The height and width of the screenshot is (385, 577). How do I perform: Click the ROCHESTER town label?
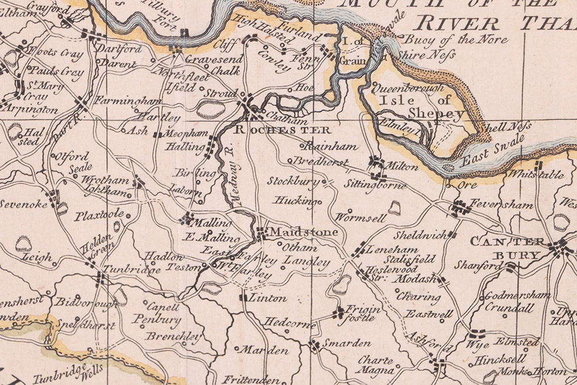tap(282, 130)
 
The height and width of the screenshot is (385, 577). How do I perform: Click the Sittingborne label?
tap(374, 186)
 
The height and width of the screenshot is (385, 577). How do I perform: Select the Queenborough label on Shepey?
tap(407, 88)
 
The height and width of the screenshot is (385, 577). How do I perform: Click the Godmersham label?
tap(517, 295)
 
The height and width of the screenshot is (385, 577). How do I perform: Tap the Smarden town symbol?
tap(314, 346)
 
